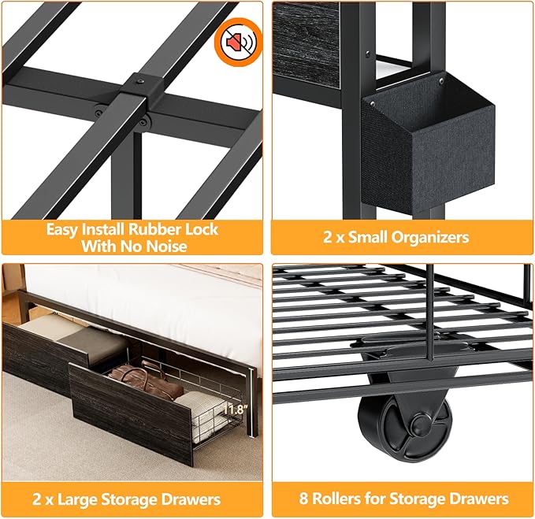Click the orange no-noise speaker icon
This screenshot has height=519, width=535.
coord(238,42)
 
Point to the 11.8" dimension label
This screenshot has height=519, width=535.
coord(235,410)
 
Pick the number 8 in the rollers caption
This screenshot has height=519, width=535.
coord(303,499)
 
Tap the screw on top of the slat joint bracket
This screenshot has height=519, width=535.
coord(140,82)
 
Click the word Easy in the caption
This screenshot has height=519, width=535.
coord(61,229)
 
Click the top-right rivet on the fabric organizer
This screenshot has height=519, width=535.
coord(441,81)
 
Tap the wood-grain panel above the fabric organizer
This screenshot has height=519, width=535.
coord(307,45)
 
